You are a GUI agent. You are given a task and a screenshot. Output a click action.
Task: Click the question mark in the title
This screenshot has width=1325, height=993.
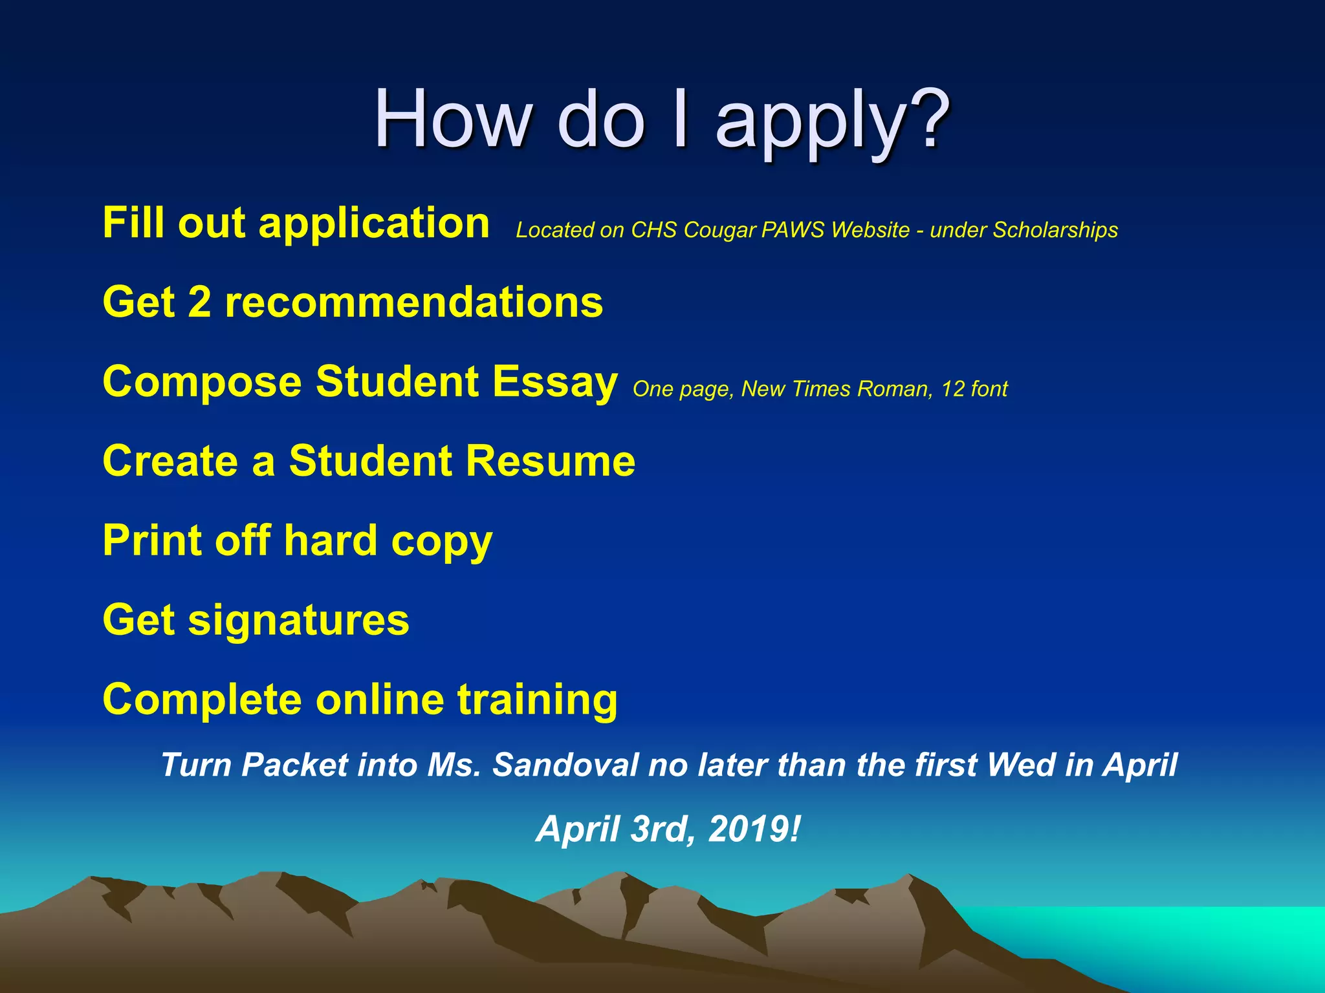click(927, 120)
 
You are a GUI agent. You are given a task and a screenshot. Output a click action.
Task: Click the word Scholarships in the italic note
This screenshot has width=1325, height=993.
click(1055, 230)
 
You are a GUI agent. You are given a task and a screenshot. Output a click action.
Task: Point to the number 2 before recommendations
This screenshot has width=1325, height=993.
click(199, 302)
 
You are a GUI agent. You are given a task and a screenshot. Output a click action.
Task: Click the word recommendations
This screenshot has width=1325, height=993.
click(413, 302)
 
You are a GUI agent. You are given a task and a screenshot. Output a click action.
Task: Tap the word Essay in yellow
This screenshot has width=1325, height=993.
click(554, 383)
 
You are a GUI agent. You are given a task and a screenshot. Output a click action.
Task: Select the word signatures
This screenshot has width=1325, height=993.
click(298, 621)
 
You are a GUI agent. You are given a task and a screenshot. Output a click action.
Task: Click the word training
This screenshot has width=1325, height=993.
click(537, 701)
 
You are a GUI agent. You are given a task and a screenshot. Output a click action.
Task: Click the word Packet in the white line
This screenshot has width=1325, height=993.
click(295, 765)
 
